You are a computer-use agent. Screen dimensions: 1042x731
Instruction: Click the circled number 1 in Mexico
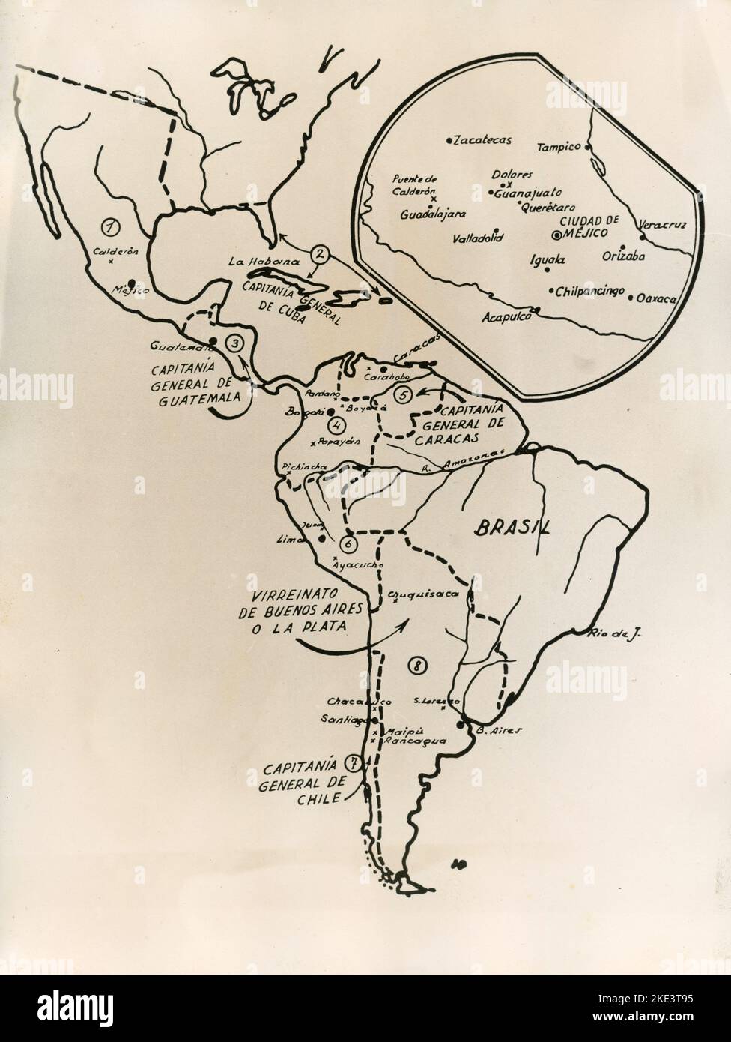coord(112,225)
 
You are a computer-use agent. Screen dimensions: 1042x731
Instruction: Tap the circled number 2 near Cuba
coord(320,255)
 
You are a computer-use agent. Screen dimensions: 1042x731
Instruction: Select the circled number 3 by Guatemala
coord(234,344)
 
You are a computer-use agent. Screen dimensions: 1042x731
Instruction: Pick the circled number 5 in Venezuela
coord(404,396)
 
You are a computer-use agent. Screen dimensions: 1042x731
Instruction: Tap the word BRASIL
coord(512,528)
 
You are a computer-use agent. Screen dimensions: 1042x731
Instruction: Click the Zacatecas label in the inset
coord(482,140)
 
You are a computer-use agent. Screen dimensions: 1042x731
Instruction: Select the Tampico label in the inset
coord(559,147)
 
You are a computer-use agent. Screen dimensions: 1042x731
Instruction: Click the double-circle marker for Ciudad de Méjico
coord(556,235)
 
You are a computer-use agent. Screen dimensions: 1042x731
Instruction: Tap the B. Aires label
coord(495,729)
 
